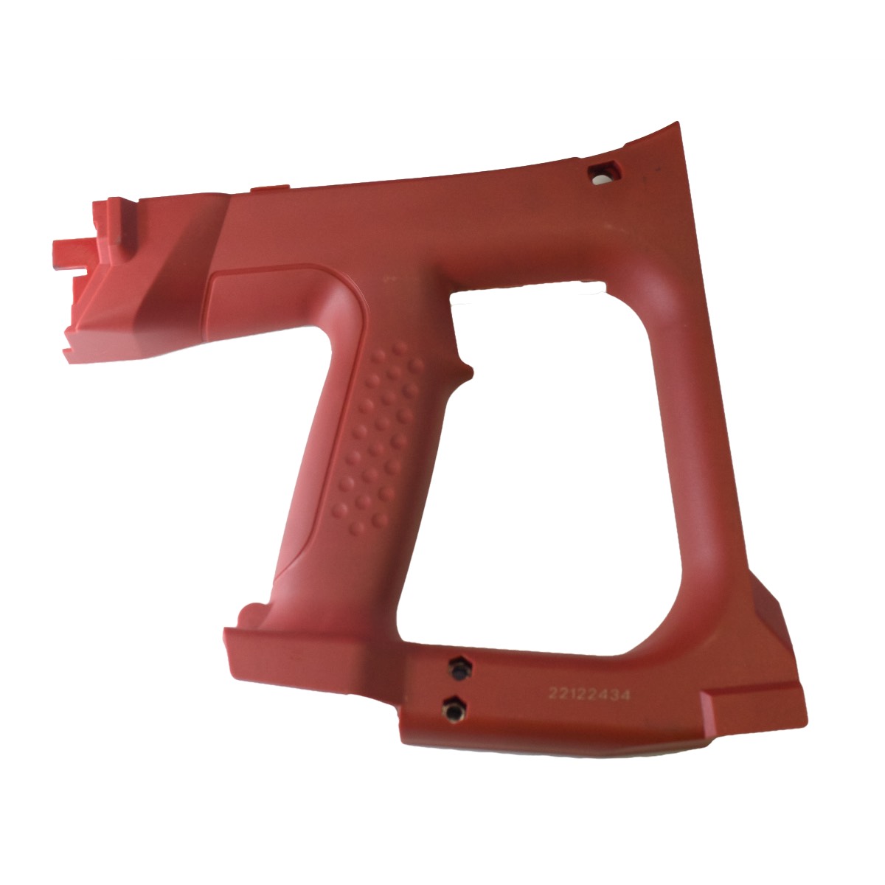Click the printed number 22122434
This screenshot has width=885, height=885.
click(x=589, y=695)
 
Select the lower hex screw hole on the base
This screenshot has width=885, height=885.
click(x=454, y=710)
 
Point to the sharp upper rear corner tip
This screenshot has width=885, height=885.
click(x=678, y=122)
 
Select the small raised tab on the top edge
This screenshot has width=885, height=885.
click(x=270, y=187)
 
